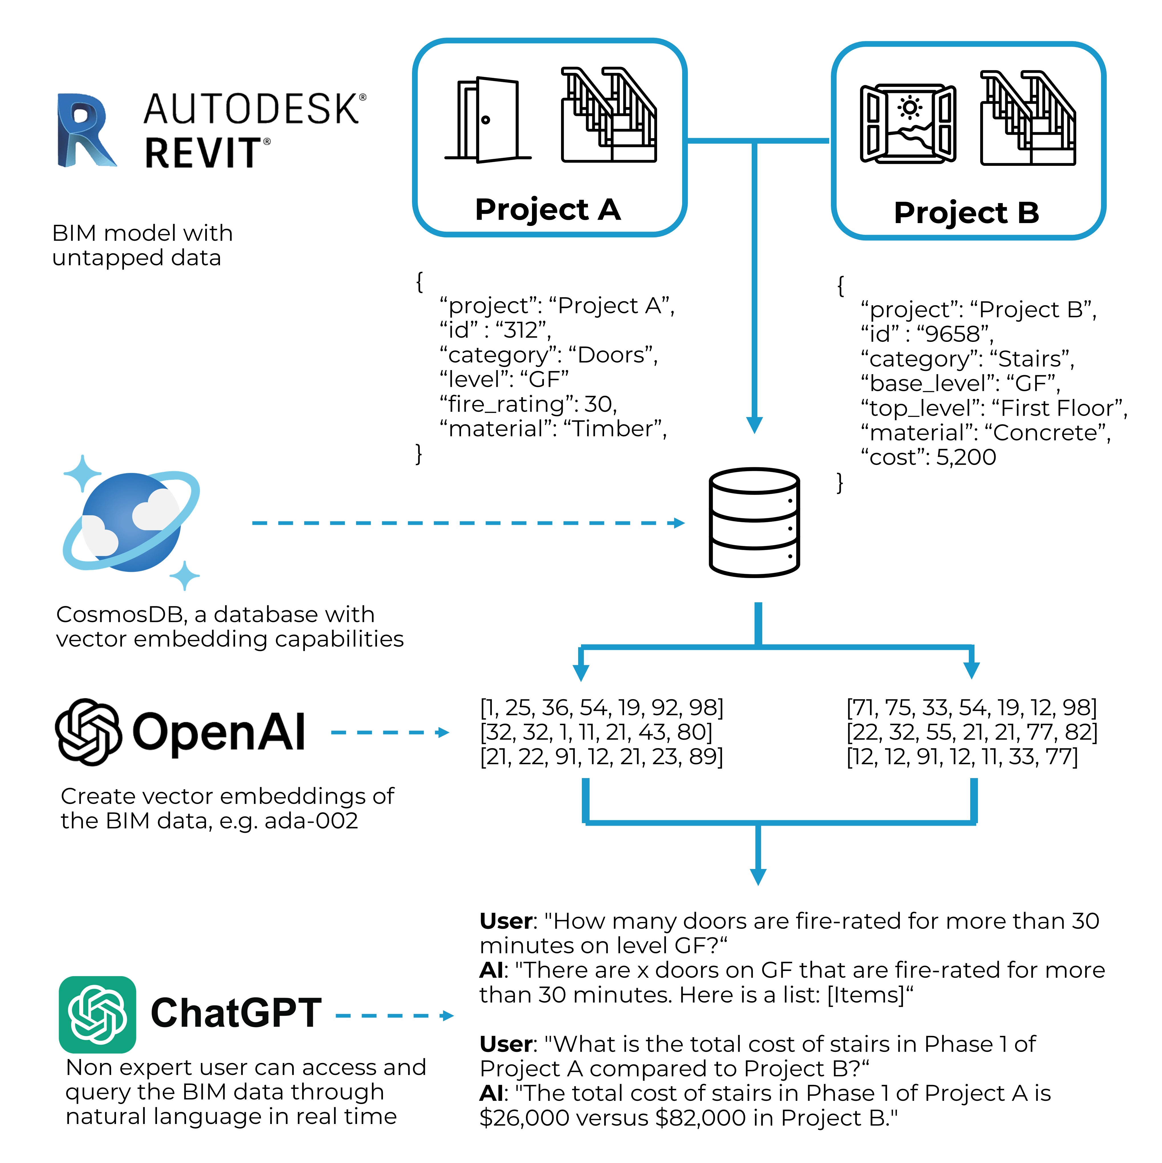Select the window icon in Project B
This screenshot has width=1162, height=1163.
tap(908, 123)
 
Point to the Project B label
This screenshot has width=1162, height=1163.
tap(966, 213)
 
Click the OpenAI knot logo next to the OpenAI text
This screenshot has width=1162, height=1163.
tap(89, 732)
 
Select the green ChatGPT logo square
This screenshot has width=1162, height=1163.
tap(97, 1014)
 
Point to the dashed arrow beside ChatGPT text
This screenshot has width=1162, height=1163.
tap(394, 1016)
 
